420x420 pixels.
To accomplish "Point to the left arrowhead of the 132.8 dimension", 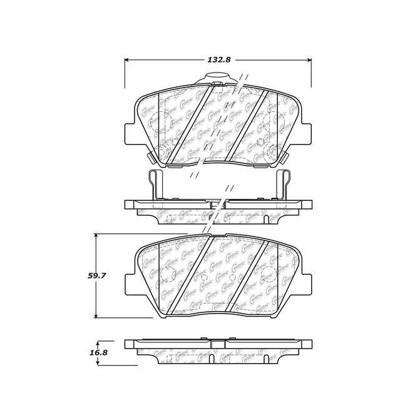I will pyautogui.click(x=129, y=61).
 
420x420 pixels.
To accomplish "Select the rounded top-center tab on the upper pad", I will pyautogui.click(x=218, y=80).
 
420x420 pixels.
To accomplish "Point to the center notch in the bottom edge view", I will pyautogui.click(x=218, y=344).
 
